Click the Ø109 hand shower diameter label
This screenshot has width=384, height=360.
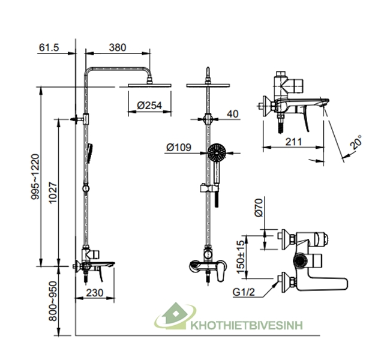tap(178, 146)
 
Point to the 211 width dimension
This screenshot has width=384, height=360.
tap(292, 142)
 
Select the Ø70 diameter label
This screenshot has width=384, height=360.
tap(259, 207)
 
